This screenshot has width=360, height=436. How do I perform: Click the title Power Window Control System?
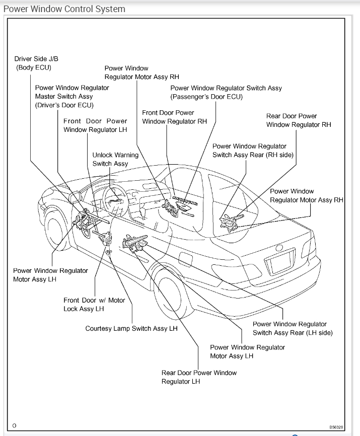pyautogui.click(x=64, y=9)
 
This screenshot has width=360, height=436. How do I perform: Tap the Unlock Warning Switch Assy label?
pyautogui.click(x=115, y=159)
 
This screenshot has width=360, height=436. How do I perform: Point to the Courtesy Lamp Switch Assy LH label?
pyautogui.click(x=131, y=329)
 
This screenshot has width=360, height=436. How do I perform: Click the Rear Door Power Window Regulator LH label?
pyautogui.click(x=199, y=377)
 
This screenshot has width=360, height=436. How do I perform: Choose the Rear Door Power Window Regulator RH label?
pyautogui.click(x=299, y=120)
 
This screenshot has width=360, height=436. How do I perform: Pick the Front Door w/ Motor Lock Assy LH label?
pyautogui.click(x=94, y=305)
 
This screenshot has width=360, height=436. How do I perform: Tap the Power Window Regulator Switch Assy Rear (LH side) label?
pyautogui.click(x=293, y=328)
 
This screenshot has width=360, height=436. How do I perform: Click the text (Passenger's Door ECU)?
pyautogui.click(x=206, y=97)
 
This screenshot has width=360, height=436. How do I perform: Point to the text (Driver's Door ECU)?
pyautogui.click(x=64, y=105)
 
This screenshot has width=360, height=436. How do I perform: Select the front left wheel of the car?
pyautogui.click(x=56, y=232)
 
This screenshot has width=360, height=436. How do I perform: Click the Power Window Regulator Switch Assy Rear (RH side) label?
pyautogui.click(x=253, y=151)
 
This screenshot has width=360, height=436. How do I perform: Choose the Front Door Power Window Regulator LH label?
pyautogui.click(x=95, y=125)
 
